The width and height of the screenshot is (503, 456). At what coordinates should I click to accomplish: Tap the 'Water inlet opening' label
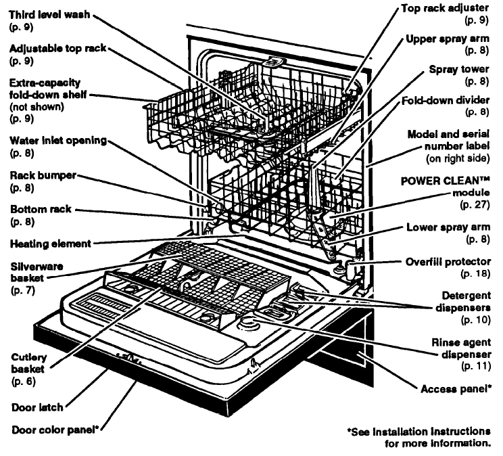(x=57, y=141)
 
